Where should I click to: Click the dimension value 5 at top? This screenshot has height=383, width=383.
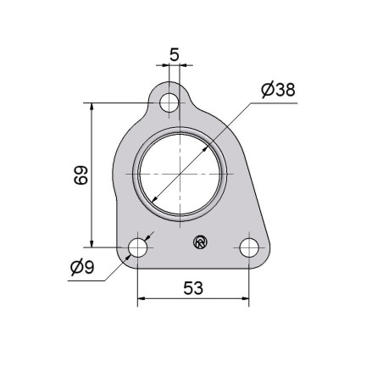pos(175,54)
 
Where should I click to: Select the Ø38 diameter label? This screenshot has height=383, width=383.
pos(278,90)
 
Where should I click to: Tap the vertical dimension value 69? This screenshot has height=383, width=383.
pos(81,175)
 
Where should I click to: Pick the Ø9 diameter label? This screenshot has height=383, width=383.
pos(82,267)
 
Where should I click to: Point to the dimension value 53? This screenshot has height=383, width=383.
pos(193,288)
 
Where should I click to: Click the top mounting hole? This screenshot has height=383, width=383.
pos(169,103)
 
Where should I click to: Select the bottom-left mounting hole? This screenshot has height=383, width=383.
pos(137,247)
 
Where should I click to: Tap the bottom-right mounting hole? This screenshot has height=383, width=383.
pos(249,247)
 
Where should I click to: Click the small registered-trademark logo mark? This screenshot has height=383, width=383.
pos(200,242)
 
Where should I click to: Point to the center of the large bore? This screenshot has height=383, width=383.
pos(180,174)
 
